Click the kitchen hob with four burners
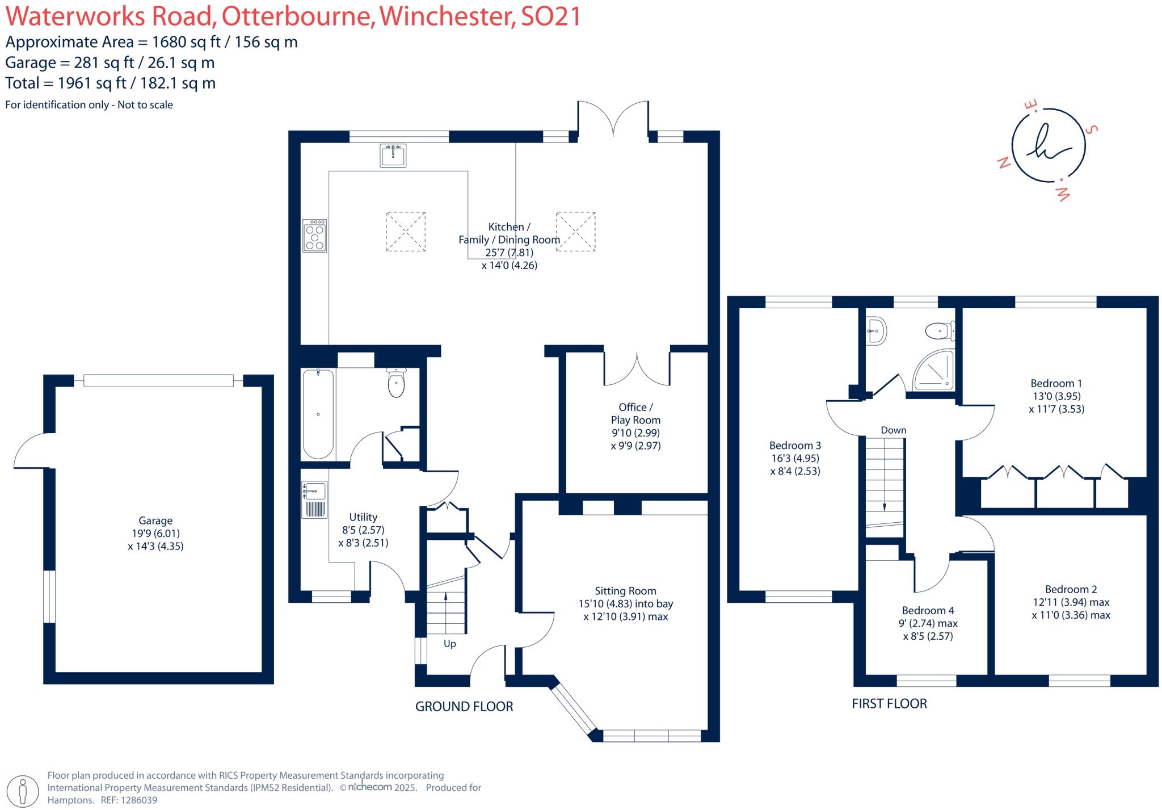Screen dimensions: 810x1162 pos(314,236)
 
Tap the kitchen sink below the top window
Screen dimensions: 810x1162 pos(393,156)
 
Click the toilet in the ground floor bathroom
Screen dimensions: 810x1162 pos(396,383)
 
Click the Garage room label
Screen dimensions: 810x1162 pos(155,521)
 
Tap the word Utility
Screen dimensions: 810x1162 pos(363,517)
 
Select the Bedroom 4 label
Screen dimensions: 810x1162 pos(928,610)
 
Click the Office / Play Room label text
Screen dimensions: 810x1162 pos(635,413)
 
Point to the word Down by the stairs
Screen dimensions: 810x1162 pos(893,430)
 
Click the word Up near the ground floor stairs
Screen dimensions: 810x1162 pos(449,644)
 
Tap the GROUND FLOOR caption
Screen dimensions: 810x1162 pos(464,707)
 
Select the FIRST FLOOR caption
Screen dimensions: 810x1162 pos(889,704)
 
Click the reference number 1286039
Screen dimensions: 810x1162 pos(137,800)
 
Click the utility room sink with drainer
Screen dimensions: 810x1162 pos(314,500)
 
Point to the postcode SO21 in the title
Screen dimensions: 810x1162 pos(550,16)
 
